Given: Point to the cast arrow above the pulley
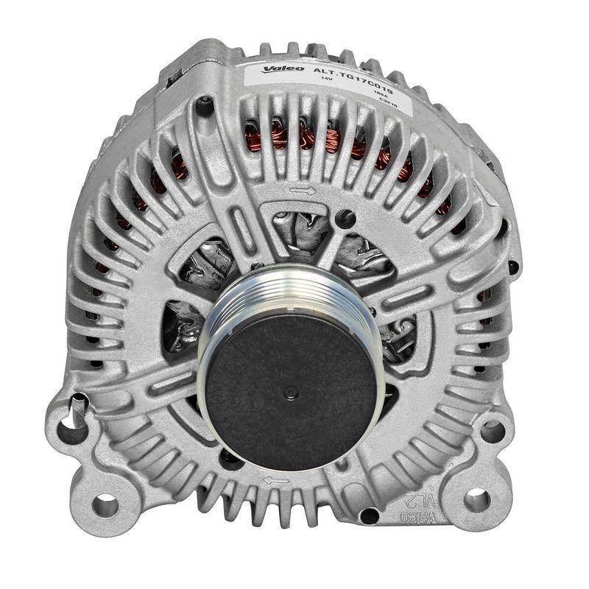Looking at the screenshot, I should [302, 191].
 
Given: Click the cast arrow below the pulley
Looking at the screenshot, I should [275, 480].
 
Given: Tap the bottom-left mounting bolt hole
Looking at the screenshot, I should [105, 504].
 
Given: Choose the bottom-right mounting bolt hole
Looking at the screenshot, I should [476, 500].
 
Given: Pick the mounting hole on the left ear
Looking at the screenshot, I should [73, 422].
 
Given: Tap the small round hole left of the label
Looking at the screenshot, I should [205, 106].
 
